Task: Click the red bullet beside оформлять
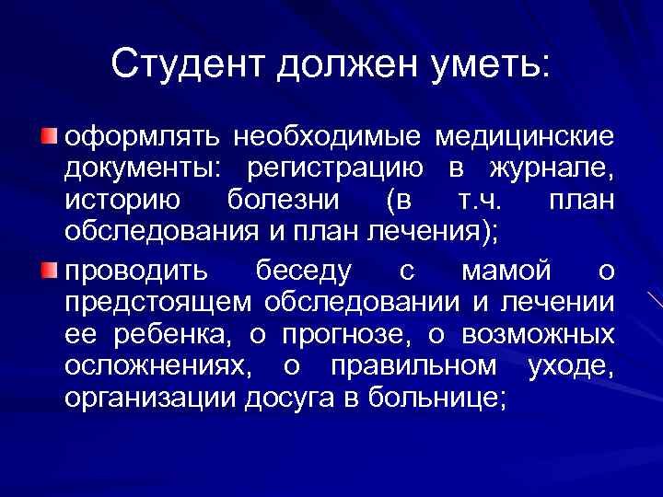(48, 137)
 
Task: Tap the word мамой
(506, 272)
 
